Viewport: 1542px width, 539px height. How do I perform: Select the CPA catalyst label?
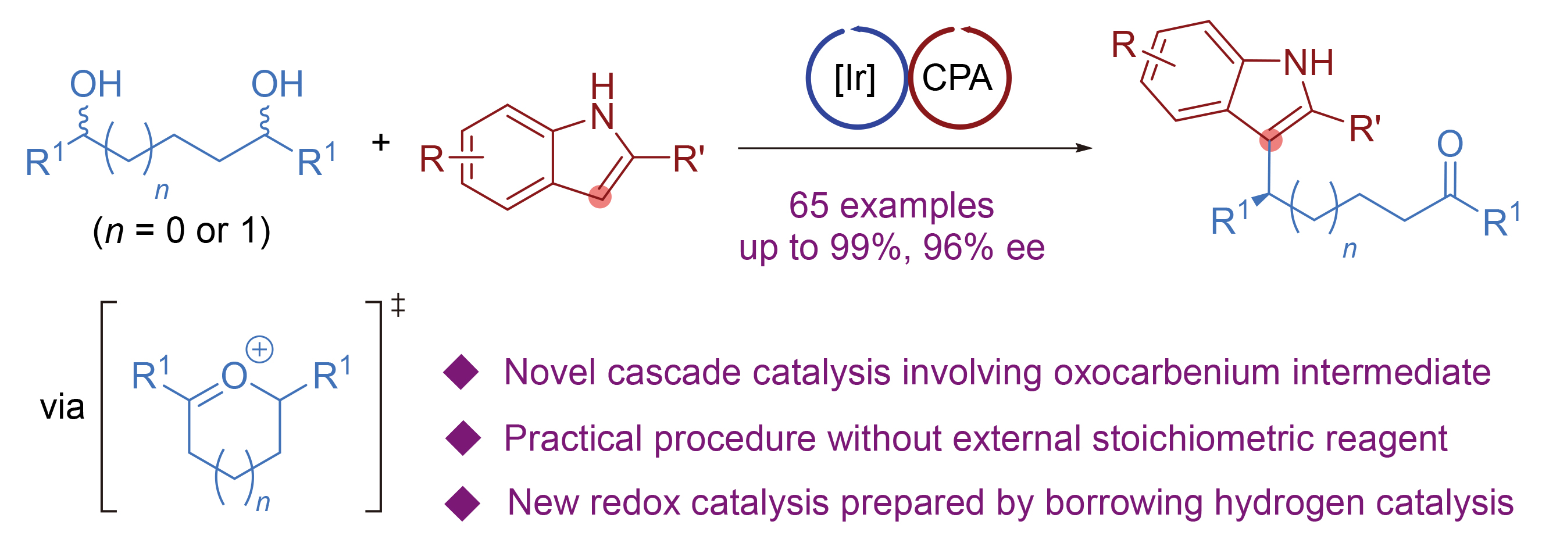coord(956,78)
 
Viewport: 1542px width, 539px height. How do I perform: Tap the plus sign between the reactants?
coord(381,142)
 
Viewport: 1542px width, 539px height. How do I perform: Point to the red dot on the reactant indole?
coord(600,197)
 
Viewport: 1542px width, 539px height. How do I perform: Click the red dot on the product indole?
coord(1270,141)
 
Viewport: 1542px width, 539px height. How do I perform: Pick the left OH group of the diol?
coord(96,84)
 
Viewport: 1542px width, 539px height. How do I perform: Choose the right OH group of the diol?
coord(277,84)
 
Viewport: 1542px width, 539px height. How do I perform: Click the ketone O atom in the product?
coord(1450,144)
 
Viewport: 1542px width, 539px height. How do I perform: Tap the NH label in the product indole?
coord(1308,62)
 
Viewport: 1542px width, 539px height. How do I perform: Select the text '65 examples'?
coord(891,205)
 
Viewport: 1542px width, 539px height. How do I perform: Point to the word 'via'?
coord(62,407)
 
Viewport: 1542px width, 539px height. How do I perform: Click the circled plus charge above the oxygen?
coord(259,349)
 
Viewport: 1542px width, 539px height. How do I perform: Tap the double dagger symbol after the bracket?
coord(398,305)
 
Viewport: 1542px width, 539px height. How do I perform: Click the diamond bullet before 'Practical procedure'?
coord(463,438)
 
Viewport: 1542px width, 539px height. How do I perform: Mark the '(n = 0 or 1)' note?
coord(181,231)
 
